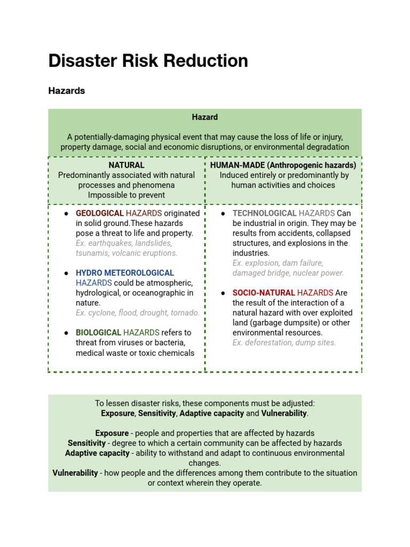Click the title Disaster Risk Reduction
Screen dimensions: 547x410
coord(148,61)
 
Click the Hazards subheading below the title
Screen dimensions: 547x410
coord(66,91)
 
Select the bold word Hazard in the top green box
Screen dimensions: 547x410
coord(204,117)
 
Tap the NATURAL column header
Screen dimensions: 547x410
coord(127,165)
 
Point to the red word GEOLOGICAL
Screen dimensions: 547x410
coord(100,213)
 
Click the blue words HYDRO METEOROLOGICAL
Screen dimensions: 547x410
coord(125,273)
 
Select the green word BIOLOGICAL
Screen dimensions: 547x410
coord(98,332)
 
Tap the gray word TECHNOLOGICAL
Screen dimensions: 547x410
coord(264,213)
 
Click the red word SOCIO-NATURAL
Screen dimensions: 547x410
coord(264,293)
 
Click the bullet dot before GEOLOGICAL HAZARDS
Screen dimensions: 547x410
coord(66,214)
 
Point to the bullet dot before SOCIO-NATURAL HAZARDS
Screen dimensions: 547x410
coord(223,293)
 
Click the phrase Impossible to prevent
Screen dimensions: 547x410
coord(127,195)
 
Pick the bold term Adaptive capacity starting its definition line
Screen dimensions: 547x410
coord(97,453)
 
